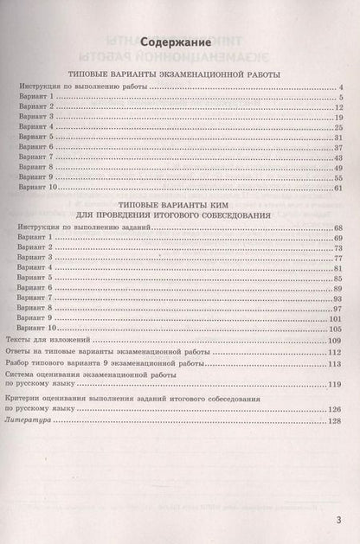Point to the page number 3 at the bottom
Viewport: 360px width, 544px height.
[x=340, y=519]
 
